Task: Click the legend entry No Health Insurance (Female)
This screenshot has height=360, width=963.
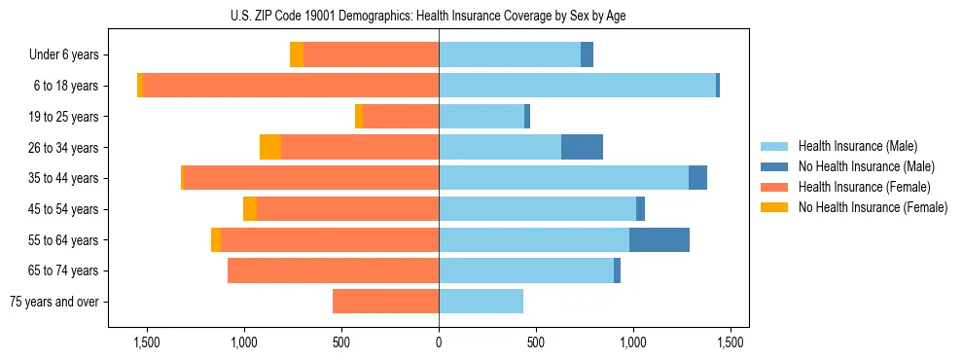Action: coord(873,207)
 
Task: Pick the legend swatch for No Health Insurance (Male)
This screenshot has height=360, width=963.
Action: coord(775,166)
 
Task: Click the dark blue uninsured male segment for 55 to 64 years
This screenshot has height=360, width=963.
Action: coord(660,240)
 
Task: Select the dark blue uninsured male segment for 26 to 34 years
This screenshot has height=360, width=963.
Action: coord(582,148)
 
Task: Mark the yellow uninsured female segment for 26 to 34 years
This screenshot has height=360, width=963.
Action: coord(270,148)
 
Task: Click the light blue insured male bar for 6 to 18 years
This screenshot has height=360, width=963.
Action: coord(577,86)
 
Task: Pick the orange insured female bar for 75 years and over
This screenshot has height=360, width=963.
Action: coord(385,302)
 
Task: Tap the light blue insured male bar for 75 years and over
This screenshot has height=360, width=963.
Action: coord(481,302)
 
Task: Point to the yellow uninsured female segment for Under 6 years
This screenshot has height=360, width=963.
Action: coord(297,55)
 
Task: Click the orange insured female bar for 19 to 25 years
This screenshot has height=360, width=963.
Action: coord(401,117)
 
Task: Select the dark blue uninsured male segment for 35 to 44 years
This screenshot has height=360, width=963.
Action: coord(697,178)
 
